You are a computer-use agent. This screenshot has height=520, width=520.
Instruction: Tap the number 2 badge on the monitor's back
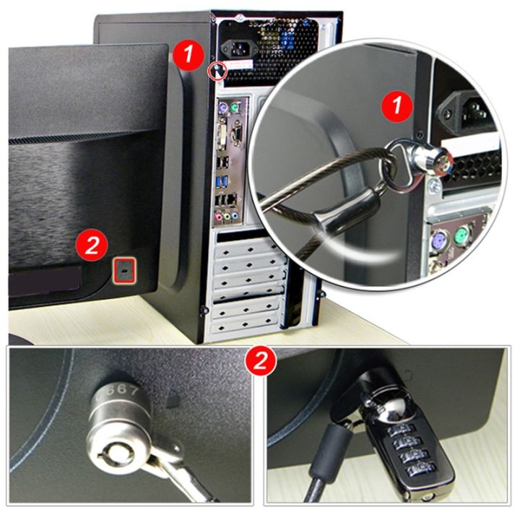tap(92, 246)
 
